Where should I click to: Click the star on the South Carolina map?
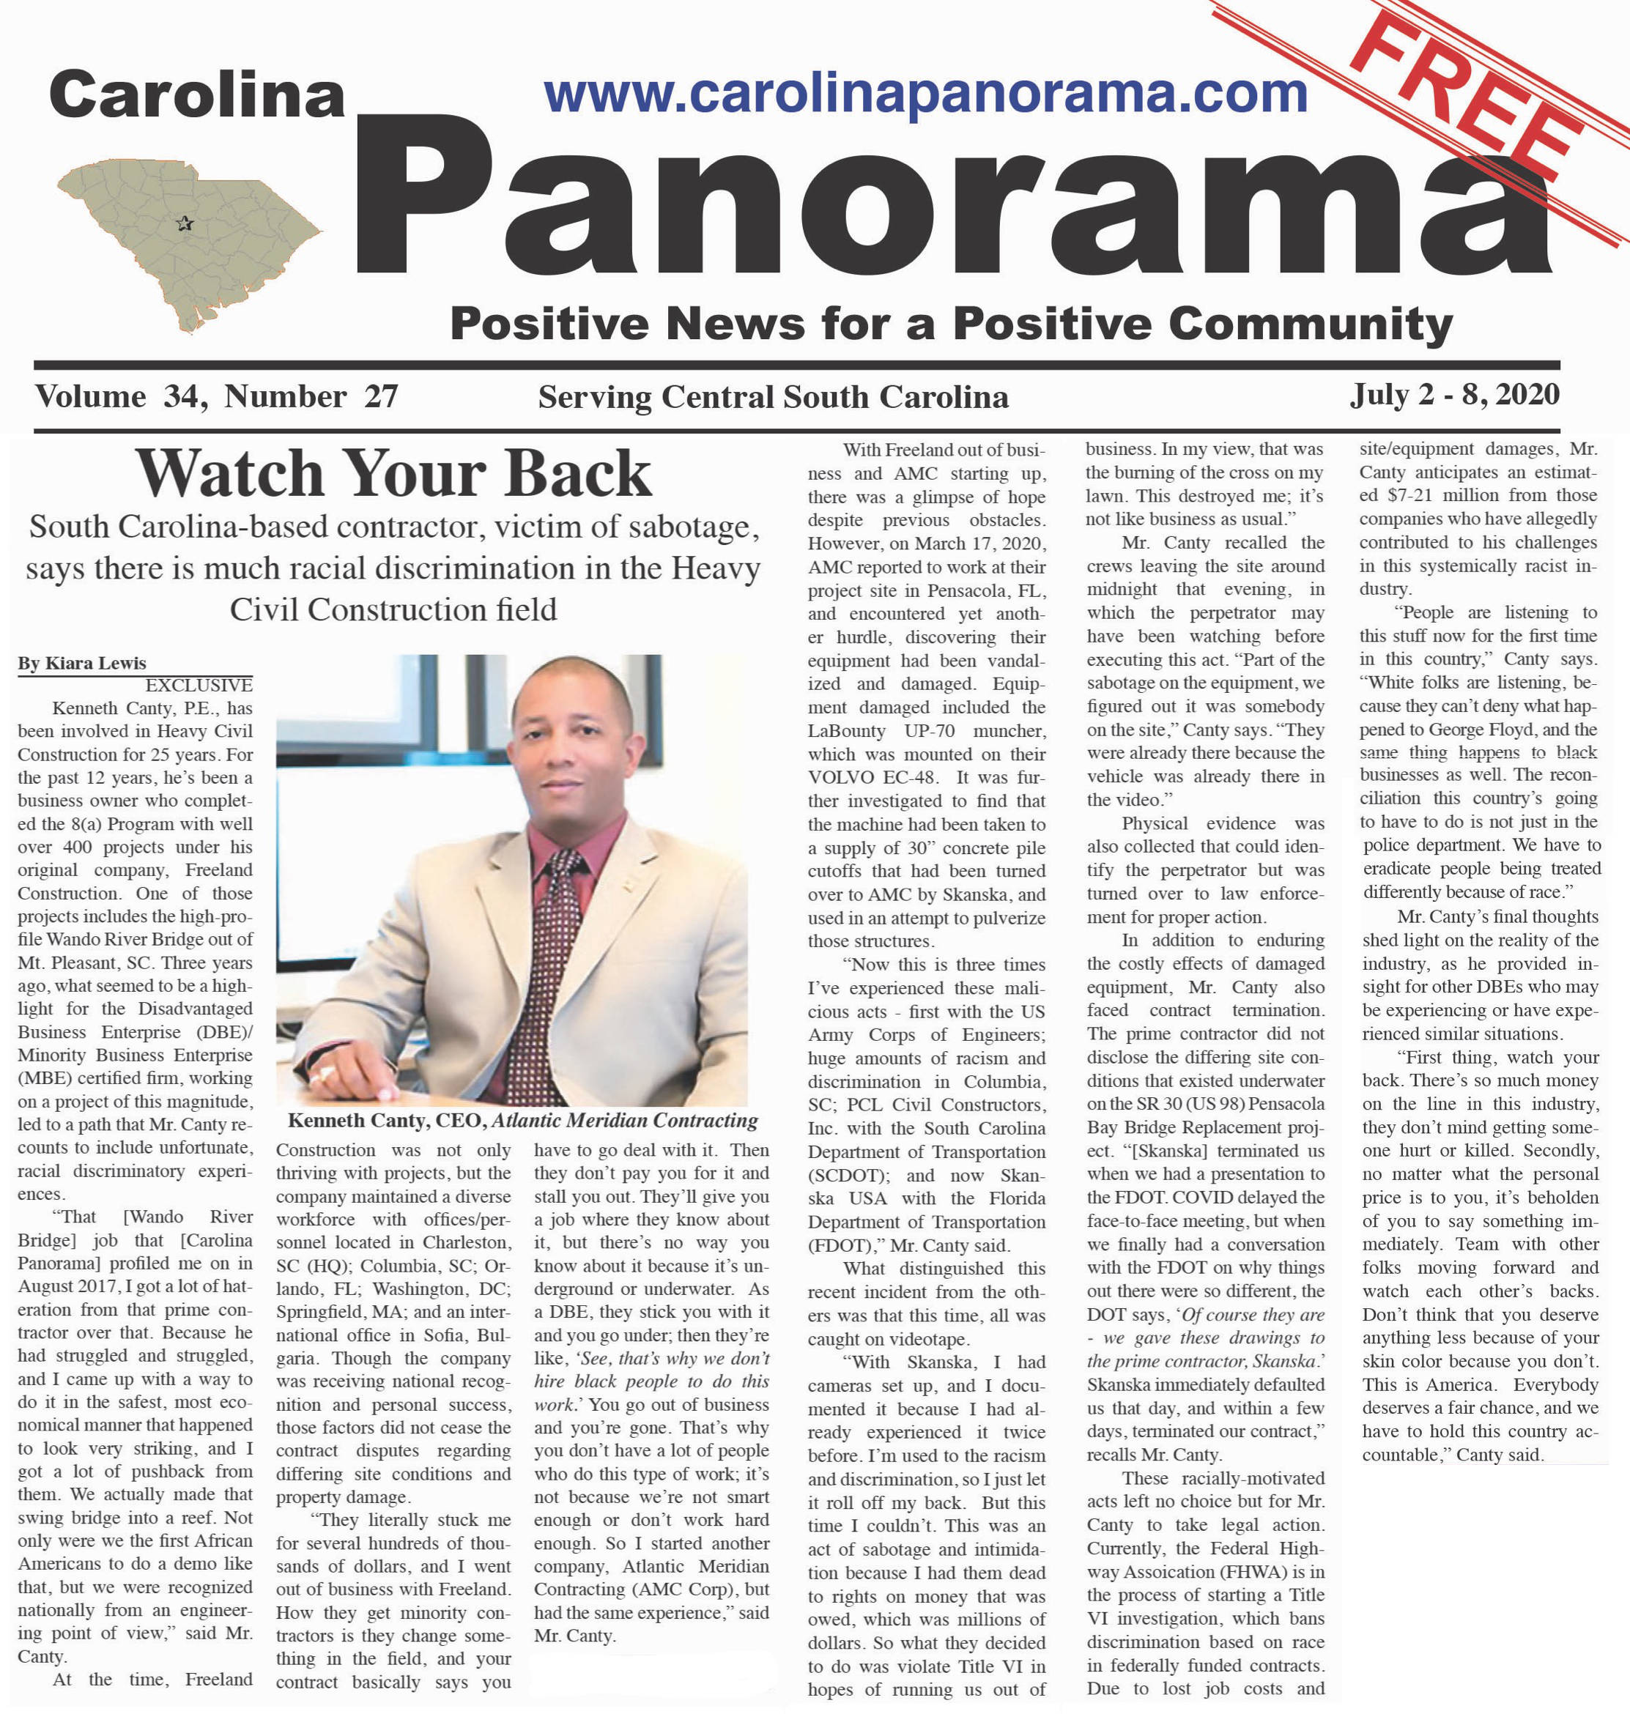(x=184, y=224)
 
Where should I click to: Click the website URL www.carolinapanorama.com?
(x=925, y=93)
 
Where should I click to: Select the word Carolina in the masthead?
(x=196, y=94)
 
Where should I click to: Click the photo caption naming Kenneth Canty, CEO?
(x=522, y=1121)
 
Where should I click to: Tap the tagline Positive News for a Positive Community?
(x=951, y=324)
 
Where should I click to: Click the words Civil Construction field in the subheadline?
(x=393, y=610)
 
